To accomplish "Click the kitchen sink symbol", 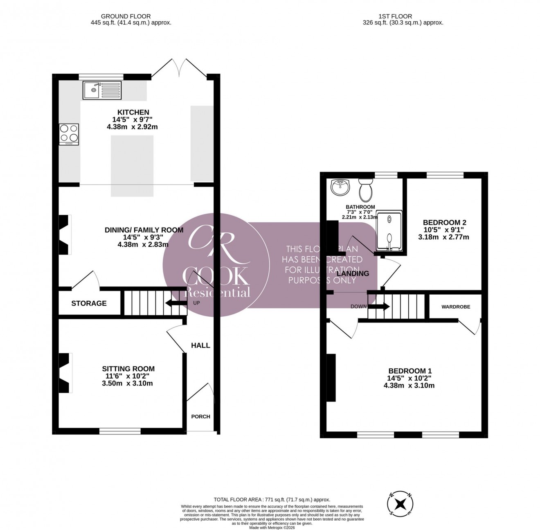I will click(x=102, y=90).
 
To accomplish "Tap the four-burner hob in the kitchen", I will click(x=69, y=134).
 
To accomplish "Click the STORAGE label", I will click(x=89, y=303).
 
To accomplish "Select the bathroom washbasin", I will click(x=341, y=187).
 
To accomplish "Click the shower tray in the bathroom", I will click(x=389, y=231).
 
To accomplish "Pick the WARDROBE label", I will click(x=455, y=307).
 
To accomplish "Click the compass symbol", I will click(x=400, y=503).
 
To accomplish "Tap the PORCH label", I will click(x=200, y=417).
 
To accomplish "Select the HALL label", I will click(x=200, y=345).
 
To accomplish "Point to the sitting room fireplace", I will click(x=65, y=373).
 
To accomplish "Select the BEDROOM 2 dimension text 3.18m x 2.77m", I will click(x=443, y=237).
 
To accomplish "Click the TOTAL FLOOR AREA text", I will click(x=272, y=500).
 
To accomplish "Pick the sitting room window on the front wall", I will click(x=120, y=431).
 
